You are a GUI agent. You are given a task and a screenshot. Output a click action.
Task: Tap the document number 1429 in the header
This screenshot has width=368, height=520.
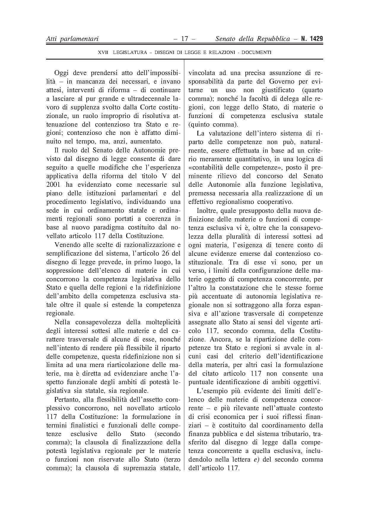click(315, 39)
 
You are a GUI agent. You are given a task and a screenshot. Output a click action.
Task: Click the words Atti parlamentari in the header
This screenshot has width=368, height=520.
click(72, 39)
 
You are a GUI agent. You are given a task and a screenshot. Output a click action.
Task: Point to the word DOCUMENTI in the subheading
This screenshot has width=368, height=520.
click(256, 52)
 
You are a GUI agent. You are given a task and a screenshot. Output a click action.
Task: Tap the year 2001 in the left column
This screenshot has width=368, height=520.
click(53, 185)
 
